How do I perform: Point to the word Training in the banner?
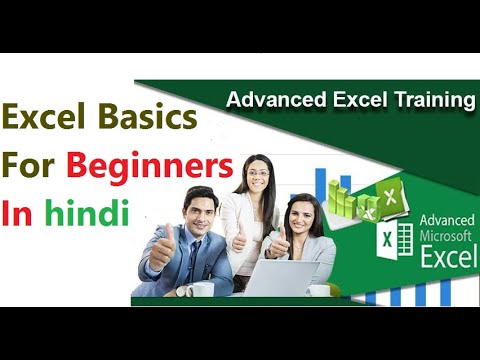click(433, 99)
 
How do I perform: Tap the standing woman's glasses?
click(256, 171)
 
